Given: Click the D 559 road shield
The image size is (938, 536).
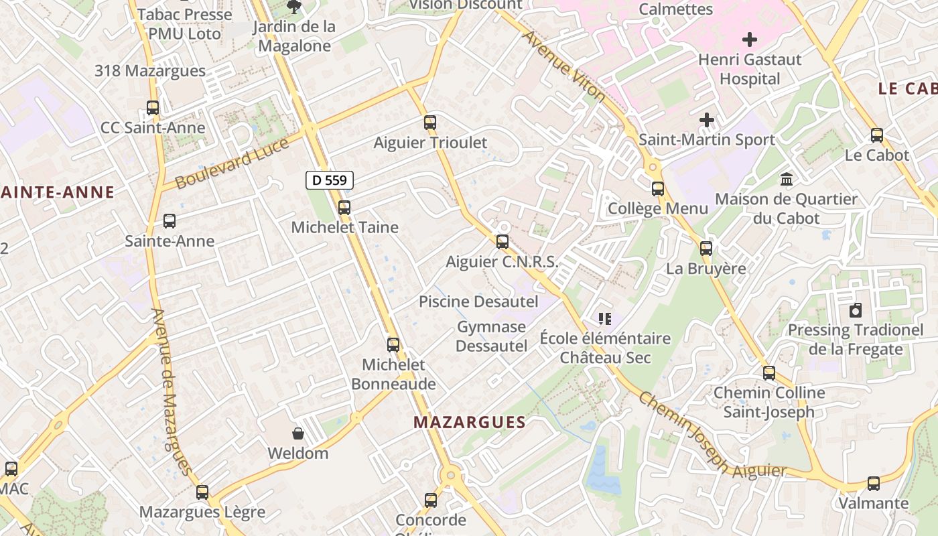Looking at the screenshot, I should (x=330, y=180).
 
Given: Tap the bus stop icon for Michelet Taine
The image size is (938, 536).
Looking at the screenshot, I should (x=344, y=208).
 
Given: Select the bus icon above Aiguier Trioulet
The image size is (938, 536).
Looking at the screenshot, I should (x=430, y=123).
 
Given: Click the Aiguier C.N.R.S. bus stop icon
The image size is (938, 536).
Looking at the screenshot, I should (x=503, y=242).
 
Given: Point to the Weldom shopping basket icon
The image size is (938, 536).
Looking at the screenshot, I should (x=298, y=433).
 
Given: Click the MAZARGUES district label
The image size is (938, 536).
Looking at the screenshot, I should (x=469, y=422).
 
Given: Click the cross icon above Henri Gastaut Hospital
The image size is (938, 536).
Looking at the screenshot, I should (x=750, y=40).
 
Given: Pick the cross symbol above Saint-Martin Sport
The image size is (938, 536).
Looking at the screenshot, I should (x=707, y=120).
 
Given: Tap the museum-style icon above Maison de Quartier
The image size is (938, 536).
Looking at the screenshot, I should (x=787, y=180).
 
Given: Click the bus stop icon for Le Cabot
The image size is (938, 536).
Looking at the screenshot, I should (x=877, y=135).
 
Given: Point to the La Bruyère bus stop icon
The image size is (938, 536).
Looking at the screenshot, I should (x=706, y=249).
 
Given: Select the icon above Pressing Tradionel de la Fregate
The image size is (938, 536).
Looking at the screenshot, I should (x=856, y=310).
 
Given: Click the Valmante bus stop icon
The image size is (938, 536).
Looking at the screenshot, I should (x=874, y=483).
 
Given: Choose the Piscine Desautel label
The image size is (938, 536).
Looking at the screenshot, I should (x=478, y=301).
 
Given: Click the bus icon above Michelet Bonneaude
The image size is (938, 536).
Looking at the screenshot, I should (x=393, y=345).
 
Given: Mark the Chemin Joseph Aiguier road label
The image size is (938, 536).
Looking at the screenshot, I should (x=710, y=435).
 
